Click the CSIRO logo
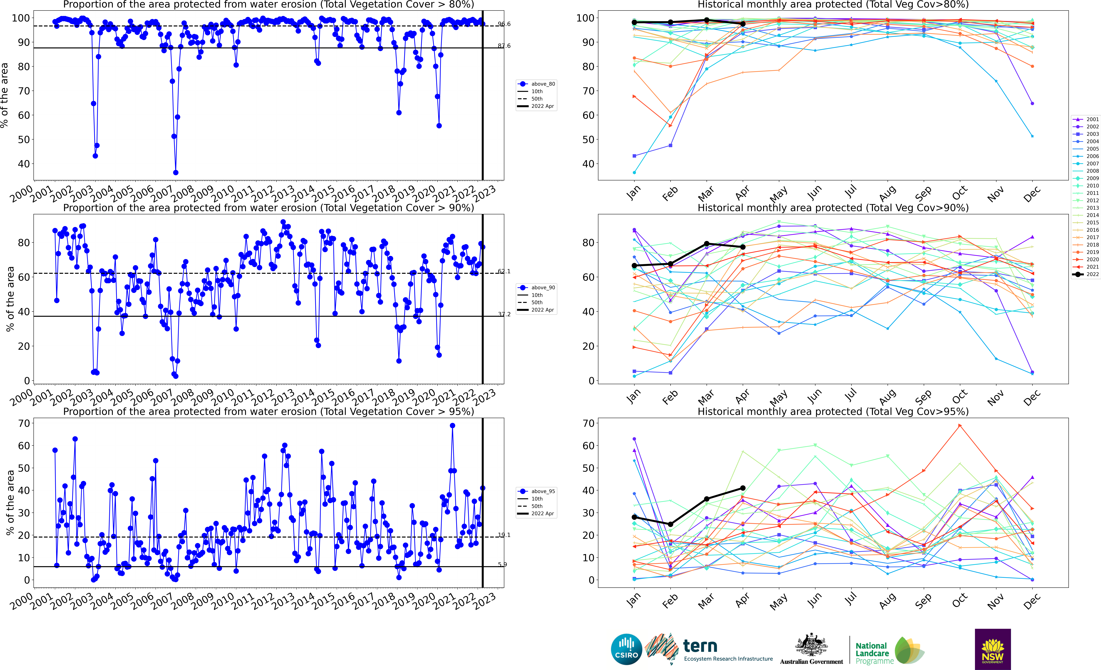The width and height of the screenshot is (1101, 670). point(626,649)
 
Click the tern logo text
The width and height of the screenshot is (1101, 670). point(700,646)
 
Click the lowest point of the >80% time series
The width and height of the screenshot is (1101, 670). point(176,172)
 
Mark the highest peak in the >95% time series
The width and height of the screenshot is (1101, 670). point(452,426)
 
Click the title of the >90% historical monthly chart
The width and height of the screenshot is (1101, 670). point(833,208)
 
